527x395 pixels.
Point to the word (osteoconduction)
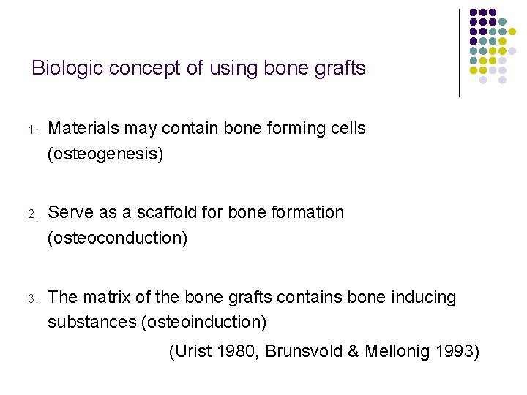(x=117, y=238)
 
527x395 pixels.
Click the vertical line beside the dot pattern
(x=459, y=53)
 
